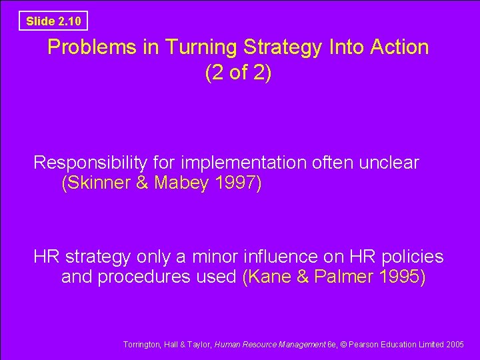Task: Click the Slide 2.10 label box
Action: click(x=53, y=21)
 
